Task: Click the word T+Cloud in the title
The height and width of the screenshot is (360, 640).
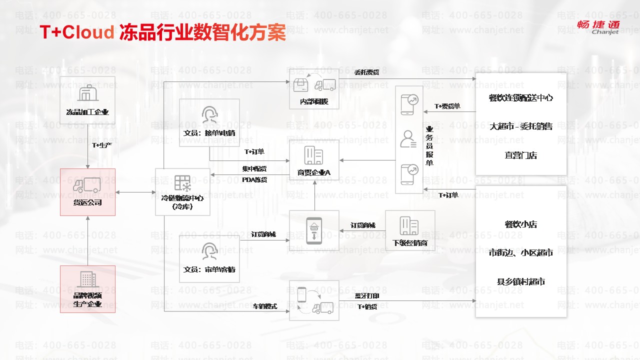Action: pos(77,32)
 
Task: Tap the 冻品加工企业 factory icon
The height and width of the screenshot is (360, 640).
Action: pos(87,93)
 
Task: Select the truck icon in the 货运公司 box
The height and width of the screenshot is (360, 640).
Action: pos(87,185)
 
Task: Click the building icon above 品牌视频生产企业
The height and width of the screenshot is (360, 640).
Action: pos(87,279)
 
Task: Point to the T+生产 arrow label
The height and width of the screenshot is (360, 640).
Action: pos(102,145)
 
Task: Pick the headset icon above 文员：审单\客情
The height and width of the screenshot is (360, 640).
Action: pos(209,251)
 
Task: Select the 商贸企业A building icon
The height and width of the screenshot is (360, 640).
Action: pos(314,156)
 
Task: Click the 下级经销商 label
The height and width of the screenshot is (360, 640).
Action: pos(410,243)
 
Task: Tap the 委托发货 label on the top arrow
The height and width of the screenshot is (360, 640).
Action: pos(366,72)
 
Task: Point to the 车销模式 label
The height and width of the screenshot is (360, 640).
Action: pos(265,306)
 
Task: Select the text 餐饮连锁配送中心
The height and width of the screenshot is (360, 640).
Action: pos(520,98)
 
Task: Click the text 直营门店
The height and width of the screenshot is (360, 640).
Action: pos(520,155)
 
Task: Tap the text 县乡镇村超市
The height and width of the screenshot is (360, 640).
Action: pos(520,282)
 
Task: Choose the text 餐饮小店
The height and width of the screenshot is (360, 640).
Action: pos(520,224)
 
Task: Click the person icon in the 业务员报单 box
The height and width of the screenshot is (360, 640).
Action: pos(408,139)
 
